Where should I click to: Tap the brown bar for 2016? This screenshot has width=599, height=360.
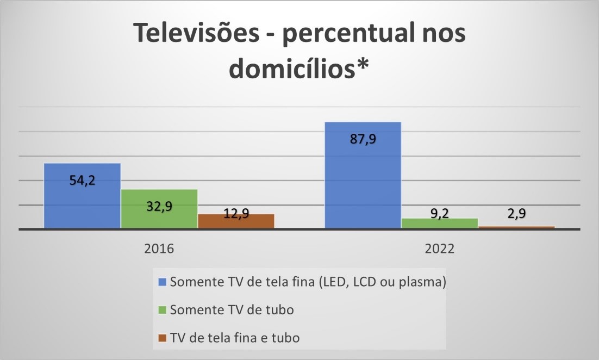coord(236,221)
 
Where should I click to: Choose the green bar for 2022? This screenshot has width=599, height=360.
coord(440,224)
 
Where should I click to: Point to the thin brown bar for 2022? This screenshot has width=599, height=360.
coord(516,227)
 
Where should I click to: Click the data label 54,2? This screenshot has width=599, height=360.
coord(82,181)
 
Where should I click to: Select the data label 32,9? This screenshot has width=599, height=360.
coord(159,206)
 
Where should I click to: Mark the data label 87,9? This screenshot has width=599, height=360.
coord(363,139)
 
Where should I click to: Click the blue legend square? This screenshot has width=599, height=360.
coord(163,282)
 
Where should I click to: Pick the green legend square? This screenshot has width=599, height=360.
coord(163,310)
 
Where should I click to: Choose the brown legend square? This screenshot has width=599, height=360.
coord(163,338)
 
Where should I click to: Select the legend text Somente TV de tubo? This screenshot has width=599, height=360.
coord(232,310)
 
